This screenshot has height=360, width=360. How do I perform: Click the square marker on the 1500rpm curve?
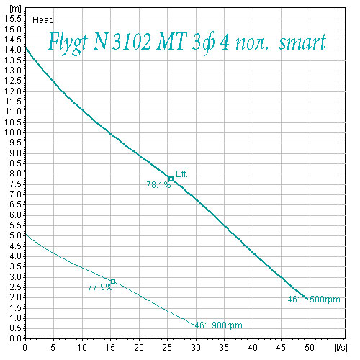point(171,179)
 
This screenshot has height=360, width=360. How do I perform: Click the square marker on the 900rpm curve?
point(113,282)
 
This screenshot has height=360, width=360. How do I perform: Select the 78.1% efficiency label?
point(158,185)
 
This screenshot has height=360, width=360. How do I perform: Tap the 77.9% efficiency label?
point(100,287)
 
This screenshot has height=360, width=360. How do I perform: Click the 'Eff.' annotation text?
point(181,174)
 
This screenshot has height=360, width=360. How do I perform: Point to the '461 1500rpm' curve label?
point(314,300)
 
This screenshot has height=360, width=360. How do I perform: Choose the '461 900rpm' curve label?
point(218,325)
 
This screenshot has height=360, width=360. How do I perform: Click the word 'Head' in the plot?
point(43,20)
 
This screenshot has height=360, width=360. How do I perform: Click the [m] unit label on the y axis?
point(15,9)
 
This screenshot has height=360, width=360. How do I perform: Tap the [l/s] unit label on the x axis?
point(341,347)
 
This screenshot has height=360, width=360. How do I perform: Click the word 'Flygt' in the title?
point(68,42)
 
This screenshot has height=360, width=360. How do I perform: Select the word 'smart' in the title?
point(302,42)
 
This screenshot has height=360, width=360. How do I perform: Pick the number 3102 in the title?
point(132,42)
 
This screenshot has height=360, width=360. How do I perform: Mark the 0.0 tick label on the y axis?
point(15,338)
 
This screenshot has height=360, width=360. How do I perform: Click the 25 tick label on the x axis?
point(167,347)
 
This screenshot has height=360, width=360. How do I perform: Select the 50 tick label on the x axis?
point(310,347)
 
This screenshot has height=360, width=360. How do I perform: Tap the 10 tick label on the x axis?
point(82,347)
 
